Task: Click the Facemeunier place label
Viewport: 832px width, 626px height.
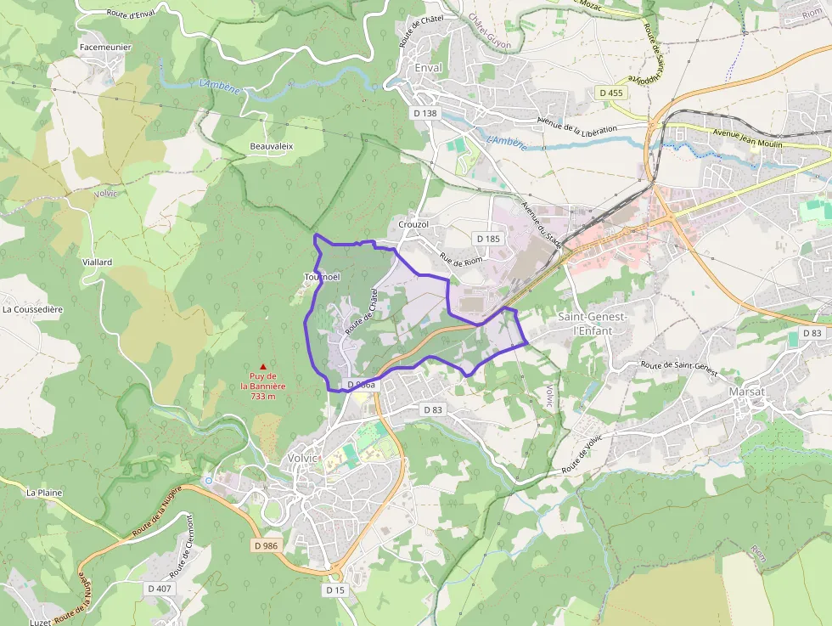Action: click(x=104, y=47)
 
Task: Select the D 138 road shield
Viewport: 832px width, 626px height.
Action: click(x=424, y=112)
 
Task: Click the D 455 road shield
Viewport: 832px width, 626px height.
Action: click(x=610, y=93)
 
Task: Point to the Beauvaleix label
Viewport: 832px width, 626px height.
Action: click(x=271, y=146)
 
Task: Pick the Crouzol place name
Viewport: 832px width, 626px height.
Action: click(x=413, y=224)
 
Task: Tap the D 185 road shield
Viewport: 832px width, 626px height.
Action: click(x=487, y=239)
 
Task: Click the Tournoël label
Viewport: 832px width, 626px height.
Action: click(x=322, y=278)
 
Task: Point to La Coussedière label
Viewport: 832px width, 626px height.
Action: click(x=32, y=309)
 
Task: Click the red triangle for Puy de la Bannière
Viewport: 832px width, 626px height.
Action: click(x=263, y=366)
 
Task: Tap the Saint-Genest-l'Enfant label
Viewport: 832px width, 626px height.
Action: click(x=592, y=323)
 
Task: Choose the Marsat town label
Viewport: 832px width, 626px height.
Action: click(x=746, y=392)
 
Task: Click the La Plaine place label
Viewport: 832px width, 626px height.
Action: click(x=44, y=492)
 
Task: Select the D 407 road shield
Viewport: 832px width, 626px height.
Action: click(x=159, y=588)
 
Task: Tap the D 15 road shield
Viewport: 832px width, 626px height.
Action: click(x=335, y=589)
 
